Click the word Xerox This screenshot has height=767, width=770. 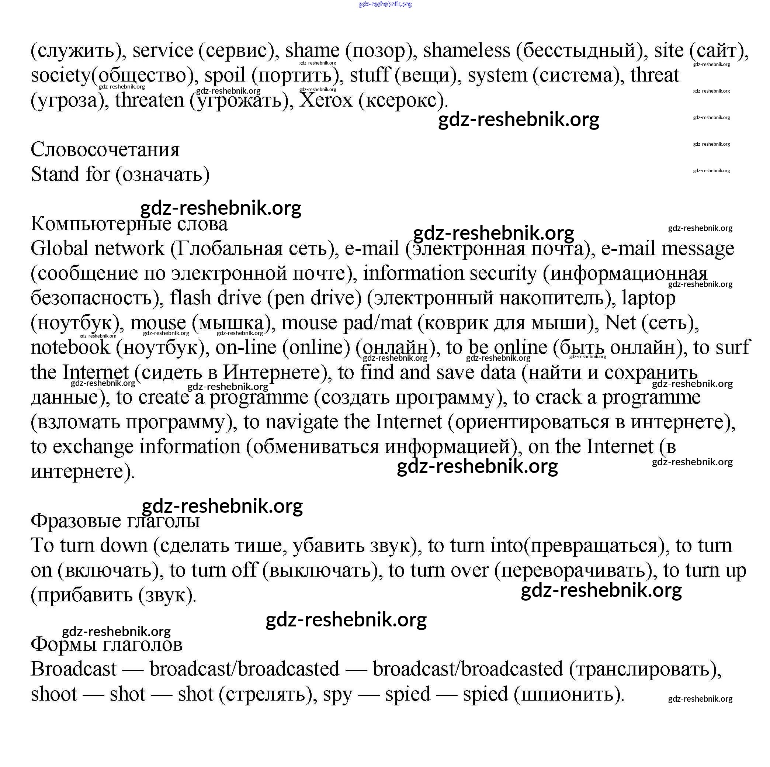326,100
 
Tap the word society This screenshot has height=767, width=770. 60,75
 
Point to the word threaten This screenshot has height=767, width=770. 149,100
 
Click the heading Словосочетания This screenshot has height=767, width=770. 105,150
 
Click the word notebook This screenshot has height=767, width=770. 70,348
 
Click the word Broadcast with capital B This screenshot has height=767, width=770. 74,669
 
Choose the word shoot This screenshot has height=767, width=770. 54,694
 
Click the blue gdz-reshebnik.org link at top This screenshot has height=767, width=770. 385,4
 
